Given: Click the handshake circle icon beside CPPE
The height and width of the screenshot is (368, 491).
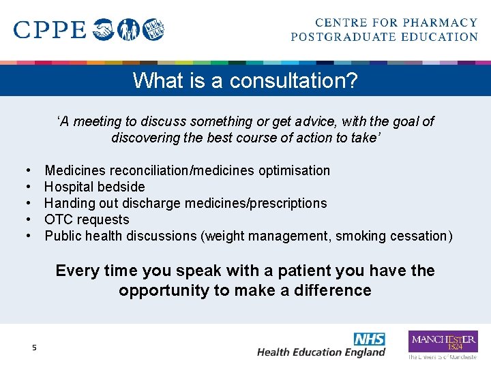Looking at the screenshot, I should tap(104, 29).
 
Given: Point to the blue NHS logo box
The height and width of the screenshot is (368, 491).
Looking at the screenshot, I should tap(369, 339).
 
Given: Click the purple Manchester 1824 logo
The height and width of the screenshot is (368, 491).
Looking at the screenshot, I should tap(443, 341).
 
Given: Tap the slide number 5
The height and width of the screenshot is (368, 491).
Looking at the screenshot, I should tap(34, 348).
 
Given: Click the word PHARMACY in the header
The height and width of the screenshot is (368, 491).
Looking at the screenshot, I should tap(440, 23).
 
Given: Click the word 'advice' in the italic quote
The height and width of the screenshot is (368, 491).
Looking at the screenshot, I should tap(311, 121).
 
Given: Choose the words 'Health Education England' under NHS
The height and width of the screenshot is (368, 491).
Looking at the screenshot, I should tap(321, 352).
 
